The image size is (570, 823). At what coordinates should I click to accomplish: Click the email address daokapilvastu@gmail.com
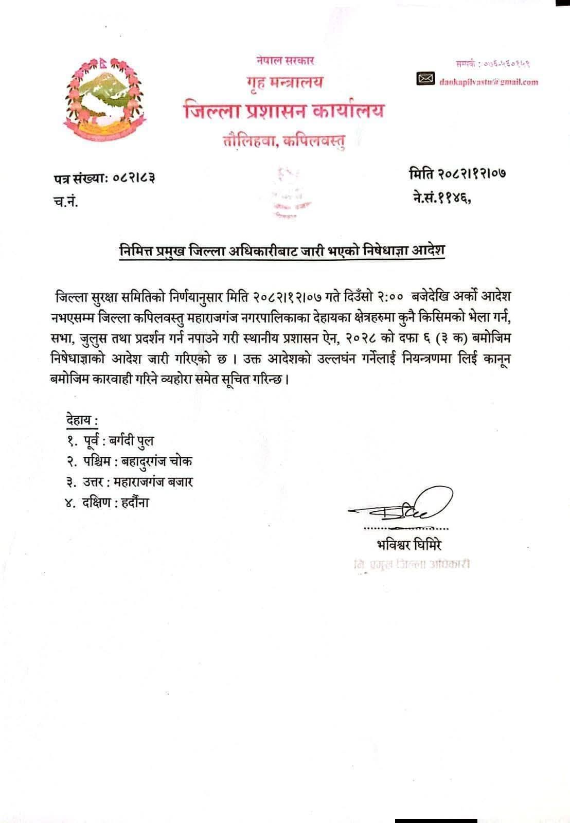[x=488, y=81]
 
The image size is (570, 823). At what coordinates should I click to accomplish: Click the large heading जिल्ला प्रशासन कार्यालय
[x=284, y=111]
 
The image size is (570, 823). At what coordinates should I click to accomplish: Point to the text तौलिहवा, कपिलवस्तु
[x=284, y=139]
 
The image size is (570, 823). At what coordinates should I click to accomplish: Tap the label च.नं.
[x=65, y=202]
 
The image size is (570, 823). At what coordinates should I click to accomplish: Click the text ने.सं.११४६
[x=442, y=198]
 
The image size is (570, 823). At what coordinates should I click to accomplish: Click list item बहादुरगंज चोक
[x=156, y=461]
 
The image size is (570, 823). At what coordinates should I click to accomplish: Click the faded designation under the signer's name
[x=409, y=564]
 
